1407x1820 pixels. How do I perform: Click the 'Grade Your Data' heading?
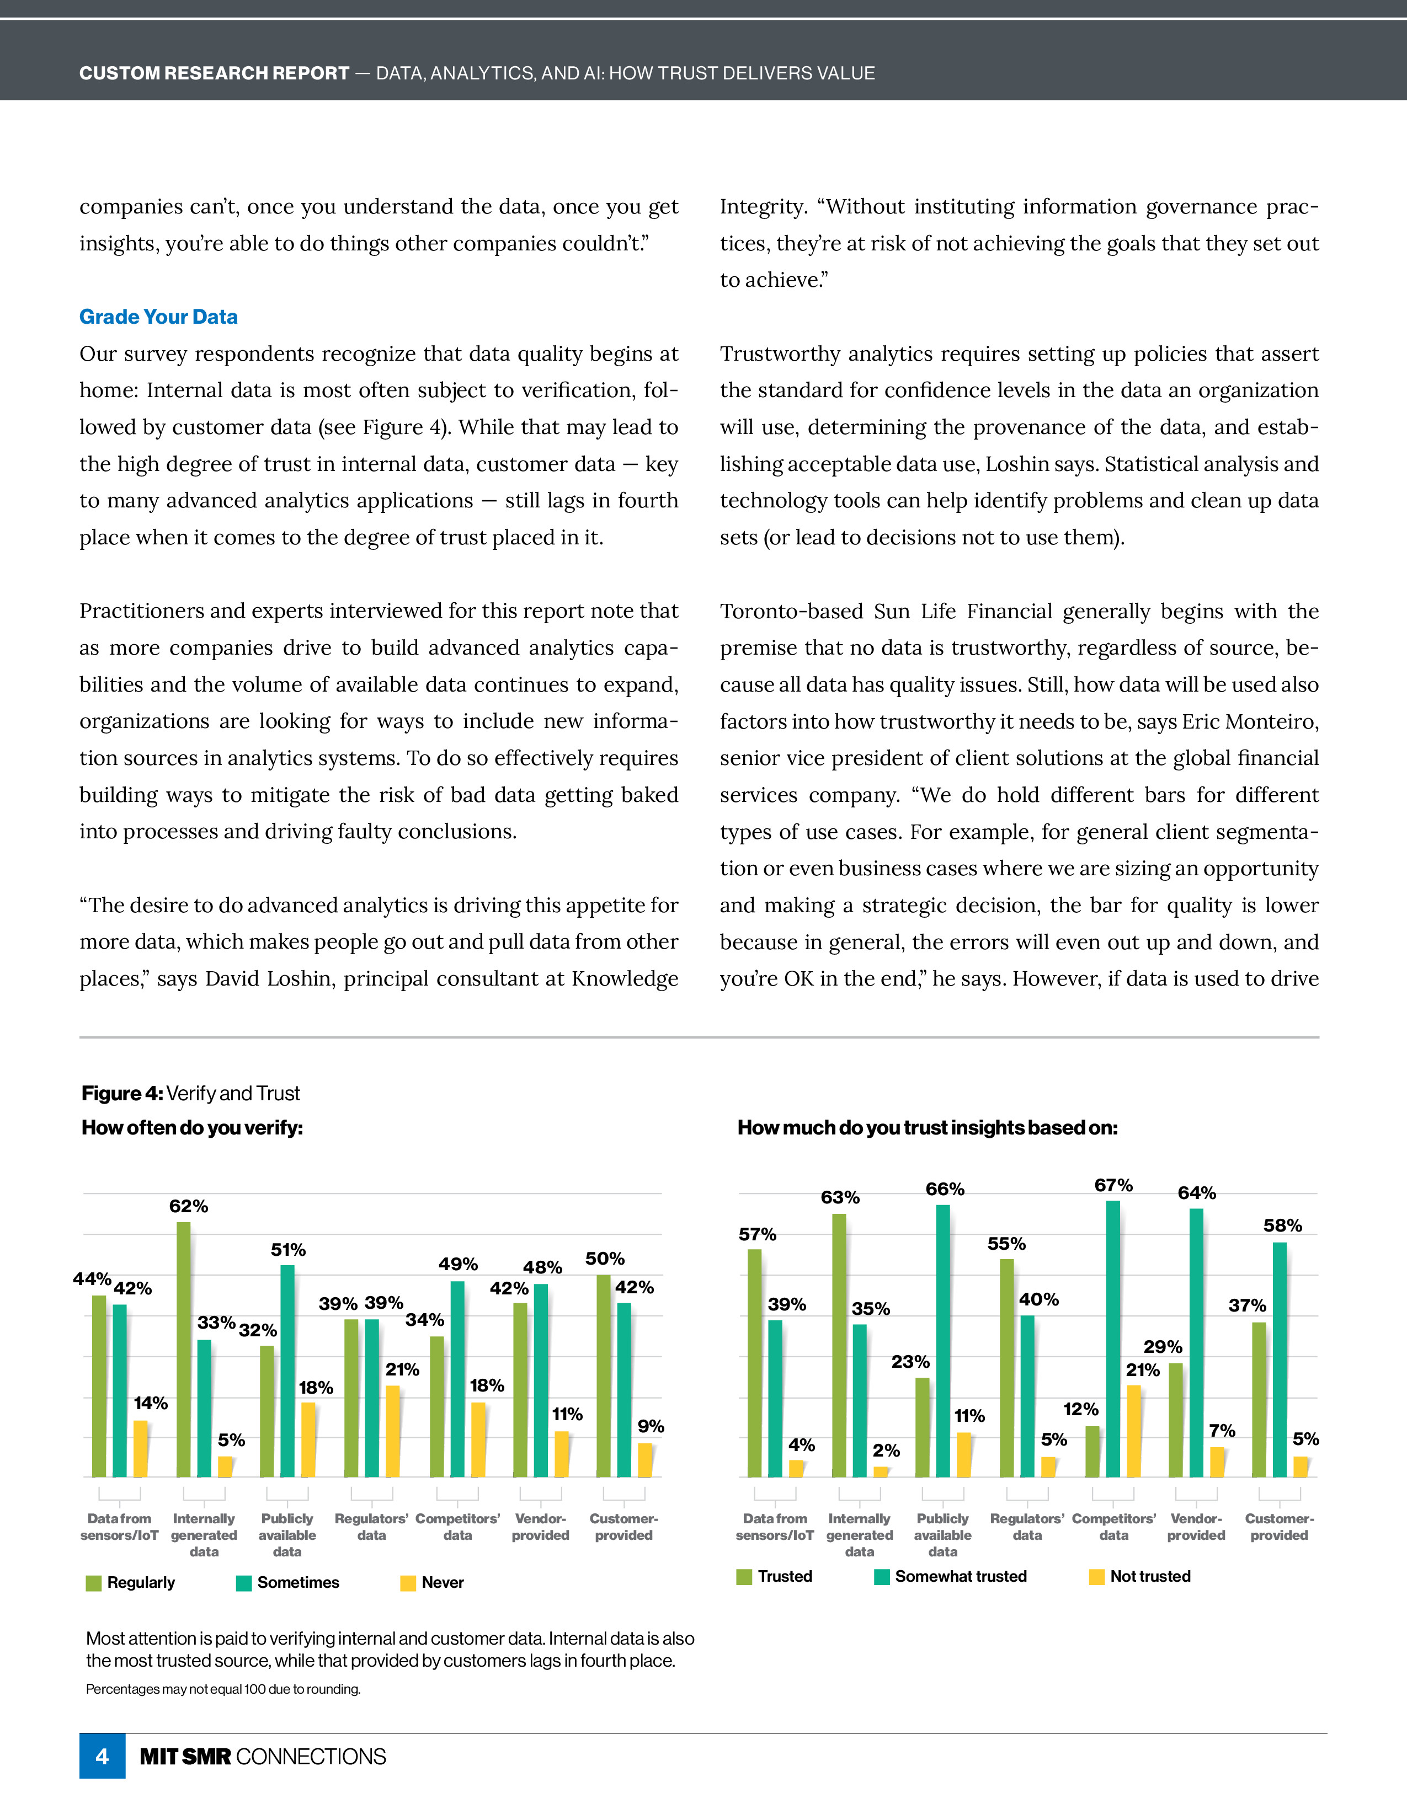(x=158, y=317)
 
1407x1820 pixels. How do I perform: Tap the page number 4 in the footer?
(x=102, y=1756)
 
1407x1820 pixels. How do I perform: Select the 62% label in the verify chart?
(x=188, y=1206)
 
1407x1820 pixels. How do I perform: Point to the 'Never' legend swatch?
(x=408, y=1582)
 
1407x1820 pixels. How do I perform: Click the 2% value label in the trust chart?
(x=886, y=1450)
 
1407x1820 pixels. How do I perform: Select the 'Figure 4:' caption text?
(x=122, y=1093)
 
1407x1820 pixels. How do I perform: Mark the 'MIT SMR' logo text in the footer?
(x=185, y=1757)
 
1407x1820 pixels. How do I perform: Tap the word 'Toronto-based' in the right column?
(x=791, y=611)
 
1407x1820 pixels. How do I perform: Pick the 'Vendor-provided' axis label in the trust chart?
(x=1196, y=1527)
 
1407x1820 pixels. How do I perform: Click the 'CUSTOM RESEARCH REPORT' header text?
(x=214, y=73)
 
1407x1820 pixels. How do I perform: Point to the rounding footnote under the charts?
(x=223, y=1689)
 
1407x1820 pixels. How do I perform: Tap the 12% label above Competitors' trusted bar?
(x=1080, y=1409)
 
